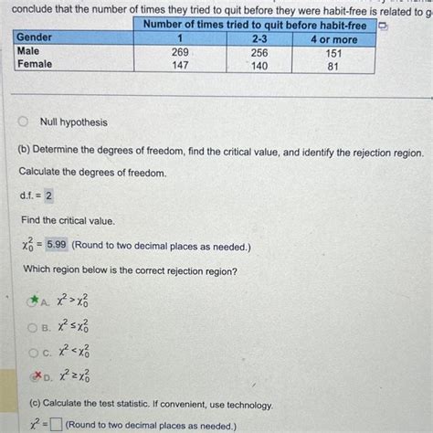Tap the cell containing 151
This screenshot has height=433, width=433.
[x=333, y=52]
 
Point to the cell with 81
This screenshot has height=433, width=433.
[x=333, y=65]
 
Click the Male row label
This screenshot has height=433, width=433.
[x=28, y=52]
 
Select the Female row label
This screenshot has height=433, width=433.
[x=34, y=65]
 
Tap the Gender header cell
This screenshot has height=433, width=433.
[x=34, y=38]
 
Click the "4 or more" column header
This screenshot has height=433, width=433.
[x=333, y=38]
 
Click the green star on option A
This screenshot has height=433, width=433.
[x=36, y=299]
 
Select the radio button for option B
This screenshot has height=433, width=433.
[x=36, y=326]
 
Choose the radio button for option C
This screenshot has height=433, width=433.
[x=36, y=352]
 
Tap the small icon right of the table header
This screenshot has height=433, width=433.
[x=385, y=26]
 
